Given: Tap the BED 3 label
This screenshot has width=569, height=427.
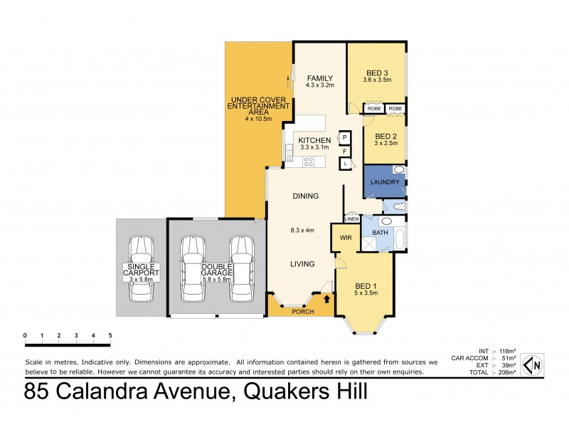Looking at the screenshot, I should coord(377,72).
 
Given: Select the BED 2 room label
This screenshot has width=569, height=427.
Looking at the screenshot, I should coord(385,136).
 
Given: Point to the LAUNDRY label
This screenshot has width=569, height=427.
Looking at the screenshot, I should coord(385,182).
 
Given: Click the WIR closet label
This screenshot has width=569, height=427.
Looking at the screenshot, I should coord(346,238).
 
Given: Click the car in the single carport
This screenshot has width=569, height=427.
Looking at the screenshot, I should coord(141,271).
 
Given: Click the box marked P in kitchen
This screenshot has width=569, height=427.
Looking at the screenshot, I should coord(344,137).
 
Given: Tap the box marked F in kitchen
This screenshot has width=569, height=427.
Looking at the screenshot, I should coord(344,150).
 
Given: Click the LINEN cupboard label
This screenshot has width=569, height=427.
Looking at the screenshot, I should coord(351,219).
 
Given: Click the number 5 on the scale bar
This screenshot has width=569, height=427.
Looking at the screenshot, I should coord(110,335).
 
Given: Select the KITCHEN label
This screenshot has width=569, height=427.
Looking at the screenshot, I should coord(314,140).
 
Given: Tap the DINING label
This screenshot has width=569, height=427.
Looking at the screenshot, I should coord(305,196).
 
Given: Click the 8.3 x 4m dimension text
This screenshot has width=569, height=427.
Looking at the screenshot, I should coord(304,230).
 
